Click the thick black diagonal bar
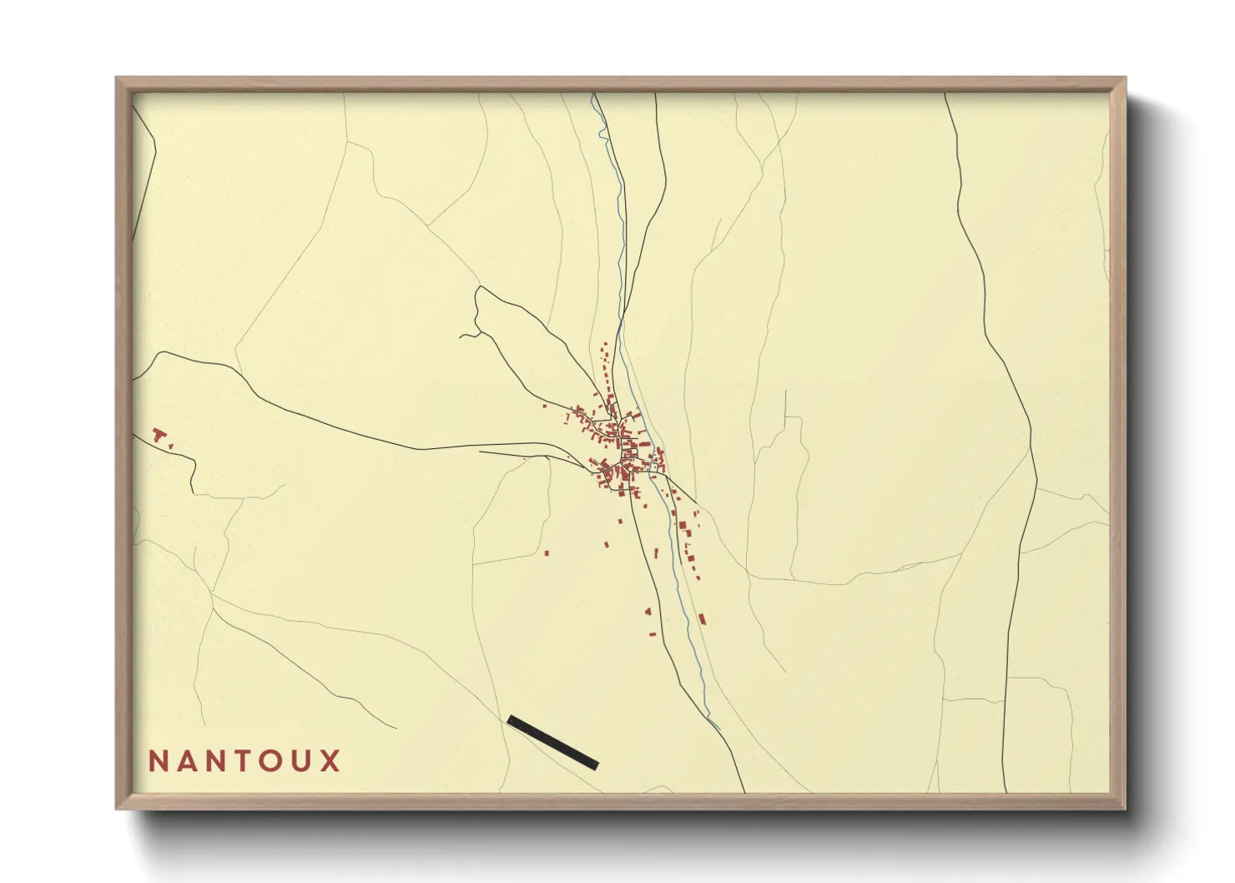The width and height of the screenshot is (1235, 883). coord(552,742)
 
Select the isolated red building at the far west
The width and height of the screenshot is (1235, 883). coord(159,434)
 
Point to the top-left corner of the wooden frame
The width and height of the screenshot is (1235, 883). coord(118,79)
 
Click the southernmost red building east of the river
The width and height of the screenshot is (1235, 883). coord(703,619)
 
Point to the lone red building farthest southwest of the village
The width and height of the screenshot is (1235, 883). coord(547,552)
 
